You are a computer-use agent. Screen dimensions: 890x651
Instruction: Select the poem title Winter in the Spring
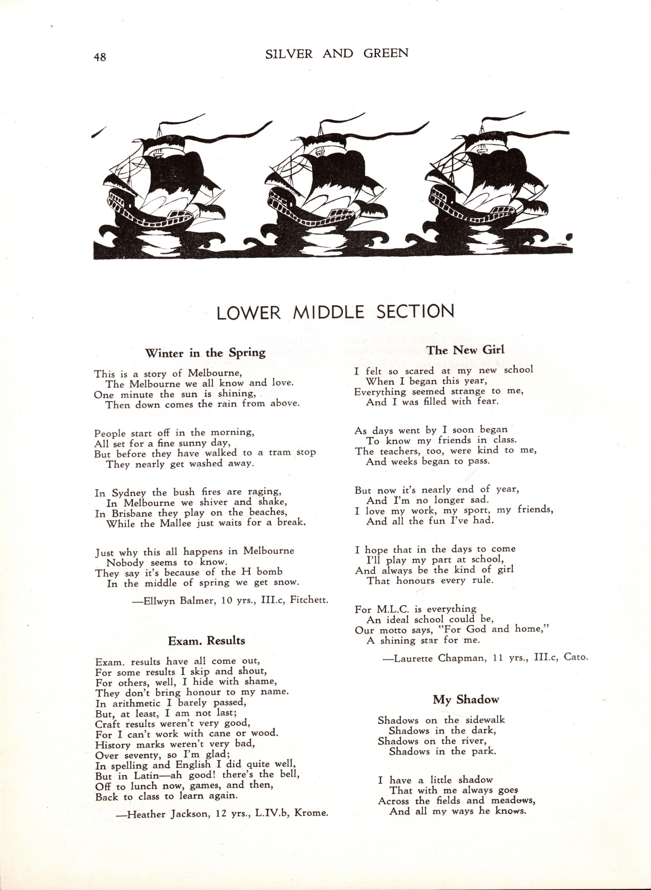pyautogui.click(x=205, y=353)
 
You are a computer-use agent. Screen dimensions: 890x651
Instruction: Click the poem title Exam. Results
pyautogui.click(x=206, y=640)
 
